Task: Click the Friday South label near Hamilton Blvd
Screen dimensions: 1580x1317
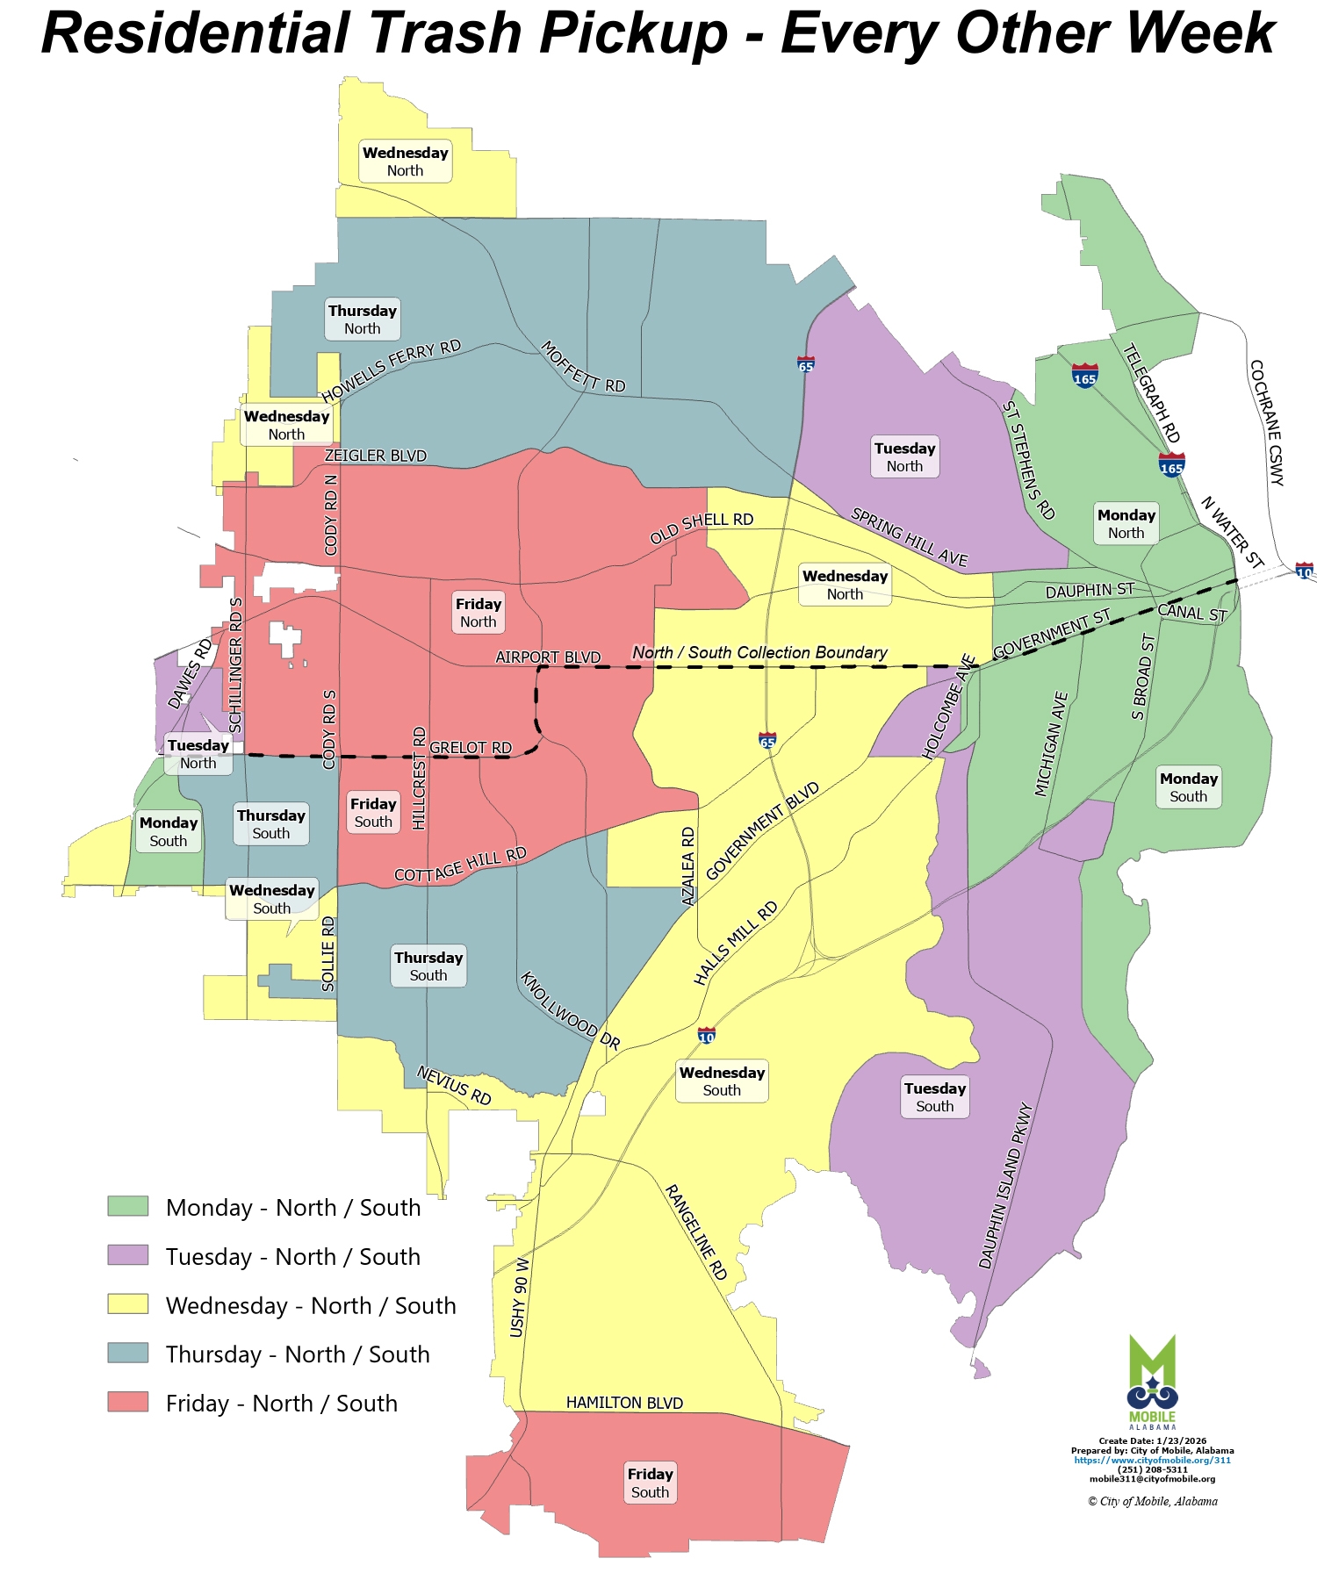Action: click(x=650, y=1483)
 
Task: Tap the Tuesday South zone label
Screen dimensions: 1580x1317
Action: click(x=935, y=1097)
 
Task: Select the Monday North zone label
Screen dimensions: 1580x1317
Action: click(x=1126, y=524)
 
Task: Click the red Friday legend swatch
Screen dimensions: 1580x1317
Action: click(x=128, y=1402)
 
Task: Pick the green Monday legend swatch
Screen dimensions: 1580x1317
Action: click(x=128, y=1206)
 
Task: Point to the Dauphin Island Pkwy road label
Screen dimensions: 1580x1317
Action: click(x=1006, y=1185)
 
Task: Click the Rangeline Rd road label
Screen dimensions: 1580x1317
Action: click(x=696, y=1232)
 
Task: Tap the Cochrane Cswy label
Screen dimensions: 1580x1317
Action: click(x=1267, y=422)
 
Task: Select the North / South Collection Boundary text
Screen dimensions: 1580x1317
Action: click(x=759, y=652)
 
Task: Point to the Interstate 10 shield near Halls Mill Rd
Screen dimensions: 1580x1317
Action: click(x=707, y=1036)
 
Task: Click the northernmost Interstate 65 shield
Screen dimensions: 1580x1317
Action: click(x=806, y=363)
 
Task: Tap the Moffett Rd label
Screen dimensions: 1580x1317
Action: click(x=583, y=366)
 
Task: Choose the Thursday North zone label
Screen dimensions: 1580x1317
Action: click(x=363, y=320)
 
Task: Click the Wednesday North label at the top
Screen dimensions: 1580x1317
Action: click(x=406, y=162)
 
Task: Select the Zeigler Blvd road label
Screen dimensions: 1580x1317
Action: click(x=375, y=456)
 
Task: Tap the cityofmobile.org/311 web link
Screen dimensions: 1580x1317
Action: click(x=1152, y=1460)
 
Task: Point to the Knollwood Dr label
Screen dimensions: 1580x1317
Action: click(x=571, y=1010)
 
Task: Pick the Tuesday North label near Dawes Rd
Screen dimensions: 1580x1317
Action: click(x=198, y=754)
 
